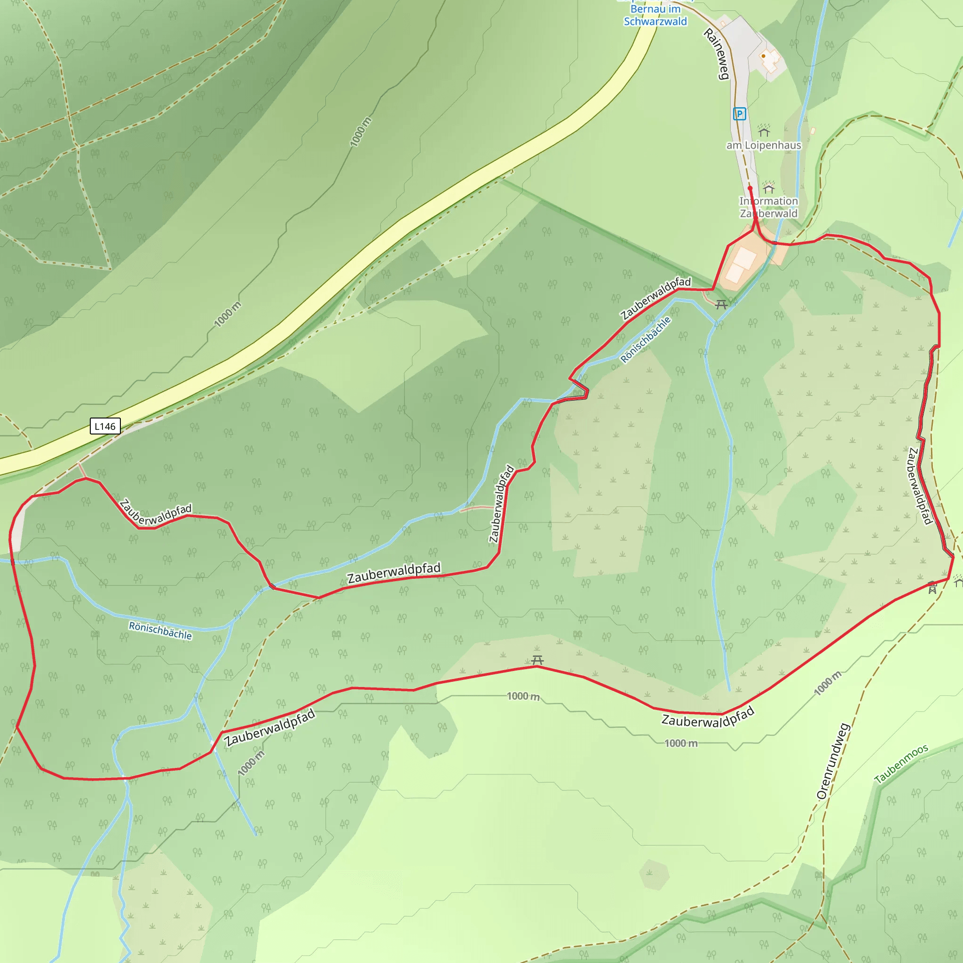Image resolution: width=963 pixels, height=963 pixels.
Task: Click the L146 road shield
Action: tap(105, 426)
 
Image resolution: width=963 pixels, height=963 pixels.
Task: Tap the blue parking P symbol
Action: tap(739, 114)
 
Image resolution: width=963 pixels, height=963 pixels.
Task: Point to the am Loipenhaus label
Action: tap(764, 145)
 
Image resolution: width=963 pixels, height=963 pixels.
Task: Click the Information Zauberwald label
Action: tap(768, 207)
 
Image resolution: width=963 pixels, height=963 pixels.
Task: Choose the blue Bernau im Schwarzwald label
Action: tap(655, 15)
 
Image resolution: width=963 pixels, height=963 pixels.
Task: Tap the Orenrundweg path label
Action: tap(833, 761)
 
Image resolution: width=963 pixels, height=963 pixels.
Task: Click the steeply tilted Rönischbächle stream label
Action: tap(646, 339)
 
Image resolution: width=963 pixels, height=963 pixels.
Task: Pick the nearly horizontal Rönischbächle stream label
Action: tap(160, 630)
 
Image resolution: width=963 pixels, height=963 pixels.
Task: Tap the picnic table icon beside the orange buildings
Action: tap(721, 304)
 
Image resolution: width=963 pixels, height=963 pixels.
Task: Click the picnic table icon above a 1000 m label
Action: tap(537, 661)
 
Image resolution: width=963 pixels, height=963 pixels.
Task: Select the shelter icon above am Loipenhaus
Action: tap(764, 131)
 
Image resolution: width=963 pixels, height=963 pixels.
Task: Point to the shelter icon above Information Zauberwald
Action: tap(769, 188)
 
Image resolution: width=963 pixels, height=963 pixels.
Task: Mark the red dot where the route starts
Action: tap(750, 189)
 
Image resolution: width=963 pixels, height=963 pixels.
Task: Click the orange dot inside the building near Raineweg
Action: tap(763, 56)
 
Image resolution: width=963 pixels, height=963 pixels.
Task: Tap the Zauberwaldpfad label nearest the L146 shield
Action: tap(156, 513)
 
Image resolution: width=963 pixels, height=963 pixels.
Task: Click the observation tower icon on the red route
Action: tap(932, 588)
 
